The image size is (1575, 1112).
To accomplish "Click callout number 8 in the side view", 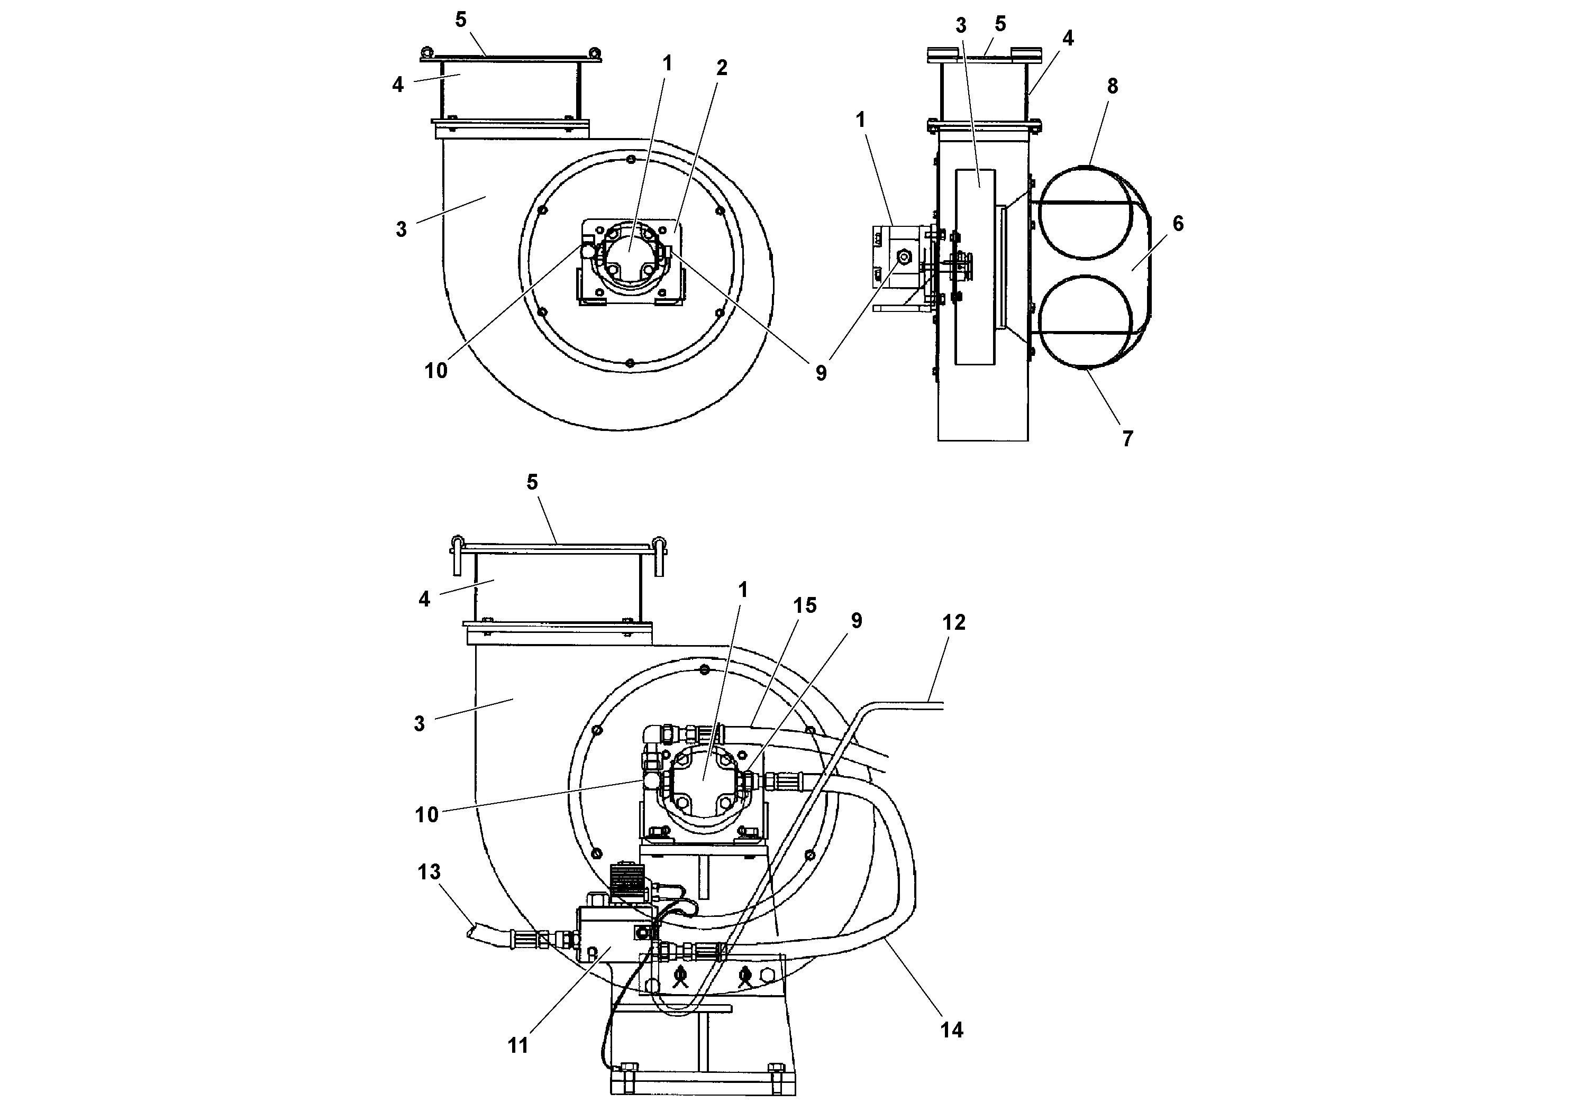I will (1112, 86).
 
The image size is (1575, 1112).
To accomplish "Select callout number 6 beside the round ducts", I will (1178, 224).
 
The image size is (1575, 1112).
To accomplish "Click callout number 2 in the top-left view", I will (721, 67).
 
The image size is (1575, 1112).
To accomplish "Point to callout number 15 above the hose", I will (805, 605).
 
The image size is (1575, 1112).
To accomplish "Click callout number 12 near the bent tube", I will (953, 622).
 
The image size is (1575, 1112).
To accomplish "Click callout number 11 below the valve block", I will (518, 1045).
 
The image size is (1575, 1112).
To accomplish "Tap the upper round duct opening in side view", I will (1084, 213).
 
